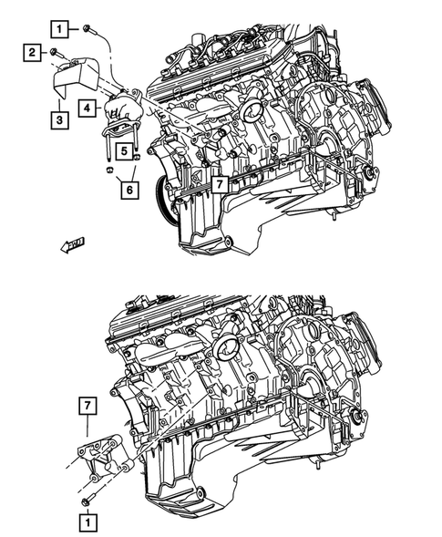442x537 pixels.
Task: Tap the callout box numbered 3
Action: pyautogui.click(x=59, y=119)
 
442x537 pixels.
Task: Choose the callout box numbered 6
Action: pyautogui.click(x=130, y=189)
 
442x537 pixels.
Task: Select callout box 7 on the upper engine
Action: pyautogui.click(x=221, y=184)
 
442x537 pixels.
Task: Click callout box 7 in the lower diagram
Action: pyautogui.click(x=87, y=404)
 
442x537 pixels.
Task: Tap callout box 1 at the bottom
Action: pyautogui.click(x=87, y=523)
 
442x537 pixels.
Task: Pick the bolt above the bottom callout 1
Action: pyautogui.click(x=87, y=501)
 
